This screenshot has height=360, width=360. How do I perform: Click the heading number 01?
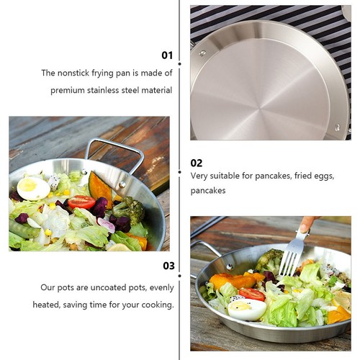167,55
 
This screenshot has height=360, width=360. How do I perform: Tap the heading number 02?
197,163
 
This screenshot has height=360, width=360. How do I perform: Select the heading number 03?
168,266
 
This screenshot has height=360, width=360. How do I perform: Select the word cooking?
157,305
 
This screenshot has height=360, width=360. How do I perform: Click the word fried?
303,176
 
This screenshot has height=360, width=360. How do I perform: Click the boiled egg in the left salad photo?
33,189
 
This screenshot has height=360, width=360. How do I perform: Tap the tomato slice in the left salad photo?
81,202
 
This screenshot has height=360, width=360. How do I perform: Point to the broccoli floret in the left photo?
129,210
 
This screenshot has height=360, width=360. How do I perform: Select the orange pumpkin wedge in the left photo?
99,189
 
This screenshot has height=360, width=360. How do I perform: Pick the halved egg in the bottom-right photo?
247,310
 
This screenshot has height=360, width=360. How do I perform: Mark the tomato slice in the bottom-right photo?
252,294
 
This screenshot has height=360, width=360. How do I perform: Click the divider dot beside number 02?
180,172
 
